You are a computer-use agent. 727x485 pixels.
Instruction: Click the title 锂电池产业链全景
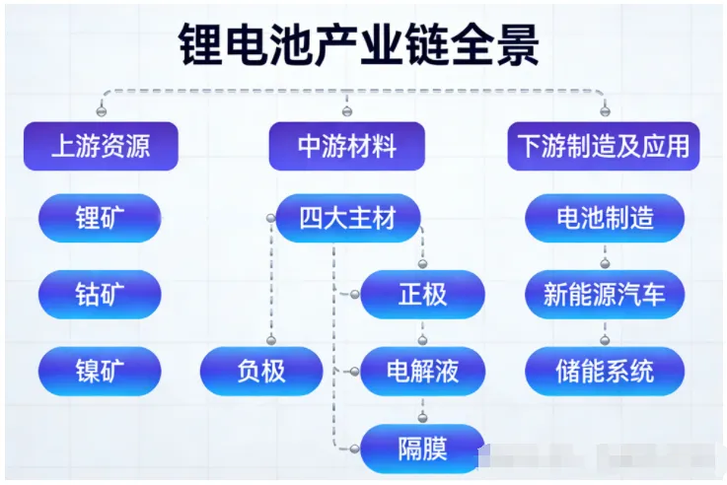(361, 45)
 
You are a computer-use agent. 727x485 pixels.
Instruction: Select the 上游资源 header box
(101, 146)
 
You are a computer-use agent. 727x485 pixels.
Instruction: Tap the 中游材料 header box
(347, 146)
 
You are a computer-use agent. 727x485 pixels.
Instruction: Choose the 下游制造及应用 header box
(604, 146)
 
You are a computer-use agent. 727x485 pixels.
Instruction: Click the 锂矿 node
(101, 218)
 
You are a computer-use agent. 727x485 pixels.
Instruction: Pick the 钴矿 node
(101, 294)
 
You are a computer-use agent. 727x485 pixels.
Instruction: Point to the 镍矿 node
(101, 371)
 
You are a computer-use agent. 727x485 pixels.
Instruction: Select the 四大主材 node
(347, 218)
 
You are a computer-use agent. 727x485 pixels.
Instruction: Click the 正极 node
(422, 294)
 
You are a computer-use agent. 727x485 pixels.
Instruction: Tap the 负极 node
(261, 371)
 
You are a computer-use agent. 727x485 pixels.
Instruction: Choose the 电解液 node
(422, 371)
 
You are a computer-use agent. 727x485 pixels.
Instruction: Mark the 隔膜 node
(422, 448)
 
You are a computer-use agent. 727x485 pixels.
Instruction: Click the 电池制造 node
(604, 218)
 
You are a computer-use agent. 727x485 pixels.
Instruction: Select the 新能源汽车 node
(604, 294)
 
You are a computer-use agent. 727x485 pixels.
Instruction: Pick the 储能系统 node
(604, 371)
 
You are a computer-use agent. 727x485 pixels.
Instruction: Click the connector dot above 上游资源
(101, 109)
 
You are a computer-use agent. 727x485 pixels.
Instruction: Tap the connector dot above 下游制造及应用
(604, 109)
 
